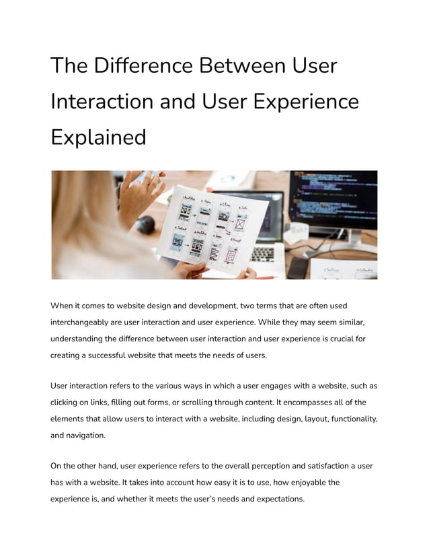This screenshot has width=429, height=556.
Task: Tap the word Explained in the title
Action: tap(98, 137)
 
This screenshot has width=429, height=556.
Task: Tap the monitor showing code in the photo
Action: tap(333, 199)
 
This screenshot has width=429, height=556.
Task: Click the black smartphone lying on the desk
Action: tap(296, 267)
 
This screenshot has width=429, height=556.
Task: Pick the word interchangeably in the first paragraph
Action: tap(87, 322)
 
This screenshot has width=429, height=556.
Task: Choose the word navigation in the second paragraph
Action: tap(87, 435)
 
